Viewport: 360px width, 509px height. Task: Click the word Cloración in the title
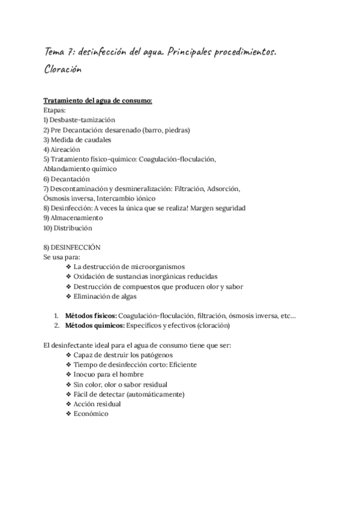tap(62, 69)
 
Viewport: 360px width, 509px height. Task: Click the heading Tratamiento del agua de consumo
tap(98, 100)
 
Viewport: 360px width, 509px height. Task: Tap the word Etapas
tap(56, 110)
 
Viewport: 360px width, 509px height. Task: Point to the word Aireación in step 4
tap(65, 149)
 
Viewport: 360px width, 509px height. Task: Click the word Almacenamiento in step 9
tap(77, 218)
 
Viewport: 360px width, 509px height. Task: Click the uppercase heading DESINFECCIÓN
tap(76, 247)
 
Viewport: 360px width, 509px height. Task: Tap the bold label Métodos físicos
tap(91, 315)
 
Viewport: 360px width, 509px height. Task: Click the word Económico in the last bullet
tap(91, 414)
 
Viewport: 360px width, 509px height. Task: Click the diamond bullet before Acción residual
tap(68, 404)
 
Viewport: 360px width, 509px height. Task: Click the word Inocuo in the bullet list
tap(85, 374)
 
